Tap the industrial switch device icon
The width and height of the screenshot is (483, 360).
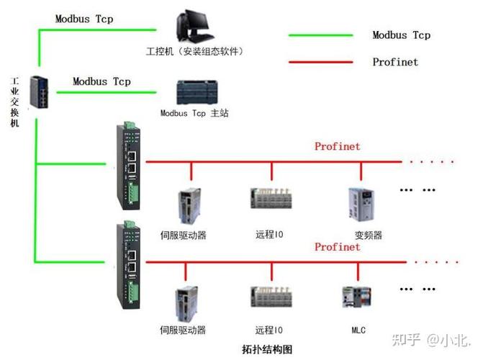tap(38, 91)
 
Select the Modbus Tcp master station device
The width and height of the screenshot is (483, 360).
tap(194, 92)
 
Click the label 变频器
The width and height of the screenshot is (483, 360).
tap(368, 235)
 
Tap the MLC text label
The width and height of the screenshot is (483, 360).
tap(358, 330)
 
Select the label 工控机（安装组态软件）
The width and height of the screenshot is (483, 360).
tap(194, 51)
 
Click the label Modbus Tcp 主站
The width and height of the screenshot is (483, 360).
tap(194, 113)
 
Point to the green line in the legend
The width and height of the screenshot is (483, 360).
tap(320, 35)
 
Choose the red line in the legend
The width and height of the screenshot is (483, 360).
tap(320, 62)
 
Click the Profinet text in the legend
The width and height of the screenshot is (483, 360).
tap(394, 62)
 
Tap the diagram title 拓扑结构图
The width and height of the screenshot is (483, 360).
tap(268, 348)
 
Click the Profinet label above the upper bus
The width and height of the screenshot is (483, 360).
tap(337, 146)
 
